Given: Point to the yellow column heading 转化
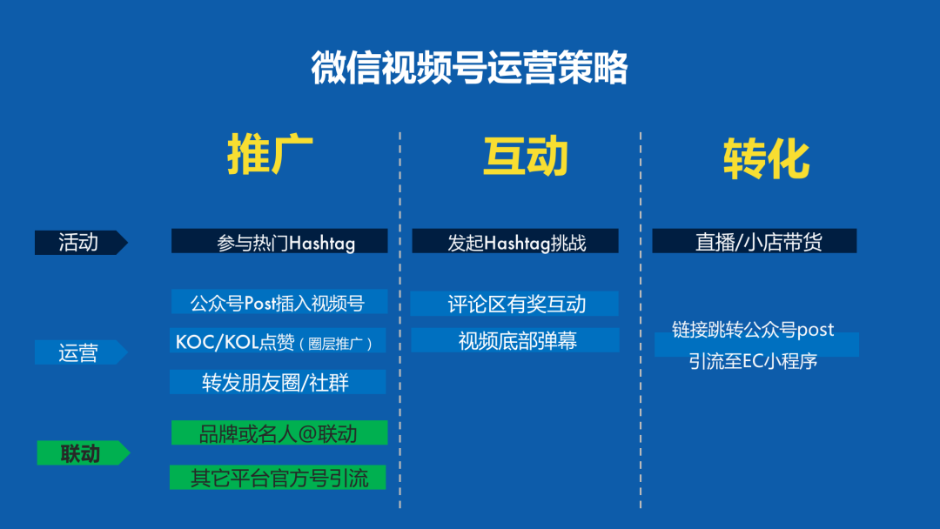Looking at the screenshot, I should [766, 159].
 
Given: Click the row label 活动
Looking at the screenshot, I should [78, 243].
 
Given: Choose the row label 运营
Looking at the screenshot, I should [78, 352].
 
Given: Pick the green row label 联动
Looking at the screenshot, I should [80, 453].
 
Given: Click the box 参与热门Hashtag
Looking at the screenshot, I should [279, 242].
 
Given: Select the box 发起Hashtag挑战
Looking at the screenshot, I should [515, 242].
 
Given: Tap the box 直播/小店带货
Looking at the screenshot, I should [755, 242].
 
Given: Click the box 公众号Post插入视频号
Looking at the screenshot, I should [278, 303].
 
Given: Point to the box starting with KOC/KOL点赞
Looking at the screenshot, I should [278, 342].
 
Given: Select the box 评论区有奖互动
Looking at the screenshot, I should [515, 304].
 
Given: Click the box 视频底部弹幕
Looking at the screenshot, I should [515, 341].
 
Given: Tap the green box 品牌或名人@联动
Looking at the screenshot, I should [278, 433].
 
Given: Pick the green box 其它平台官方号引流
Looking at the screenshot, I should [278, 478].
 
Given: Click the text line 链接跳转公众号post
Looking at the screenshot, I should [753, 330].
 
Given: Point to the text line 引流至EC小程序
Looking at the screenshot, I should [753, 361].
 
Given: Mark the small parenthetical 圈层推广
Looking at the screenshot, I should [336, 344].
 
